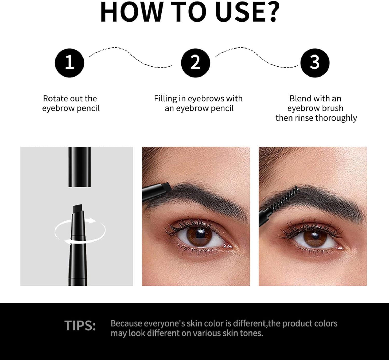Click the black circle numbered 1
pyautogui.click(x=70, y=63)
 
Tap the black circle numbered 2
pyautogui.click(x=195, y=63)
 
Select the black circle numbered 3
pyautogui.click(x=315, y=63)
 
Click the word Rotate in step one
pyautogui.click(x=53, y=99)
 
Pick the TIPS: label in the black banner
pyautogui.click(x=80, y=326)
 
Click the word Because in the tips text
pyautogui.click(x=126, y=323)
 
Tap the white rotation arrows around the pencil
pyautogui.click(x=80, y=231)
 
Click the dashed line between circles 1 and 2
pyautogui.click(x=131, y=57)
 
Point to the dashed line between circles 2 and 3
pyautogui.click(x=257, y=57)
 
